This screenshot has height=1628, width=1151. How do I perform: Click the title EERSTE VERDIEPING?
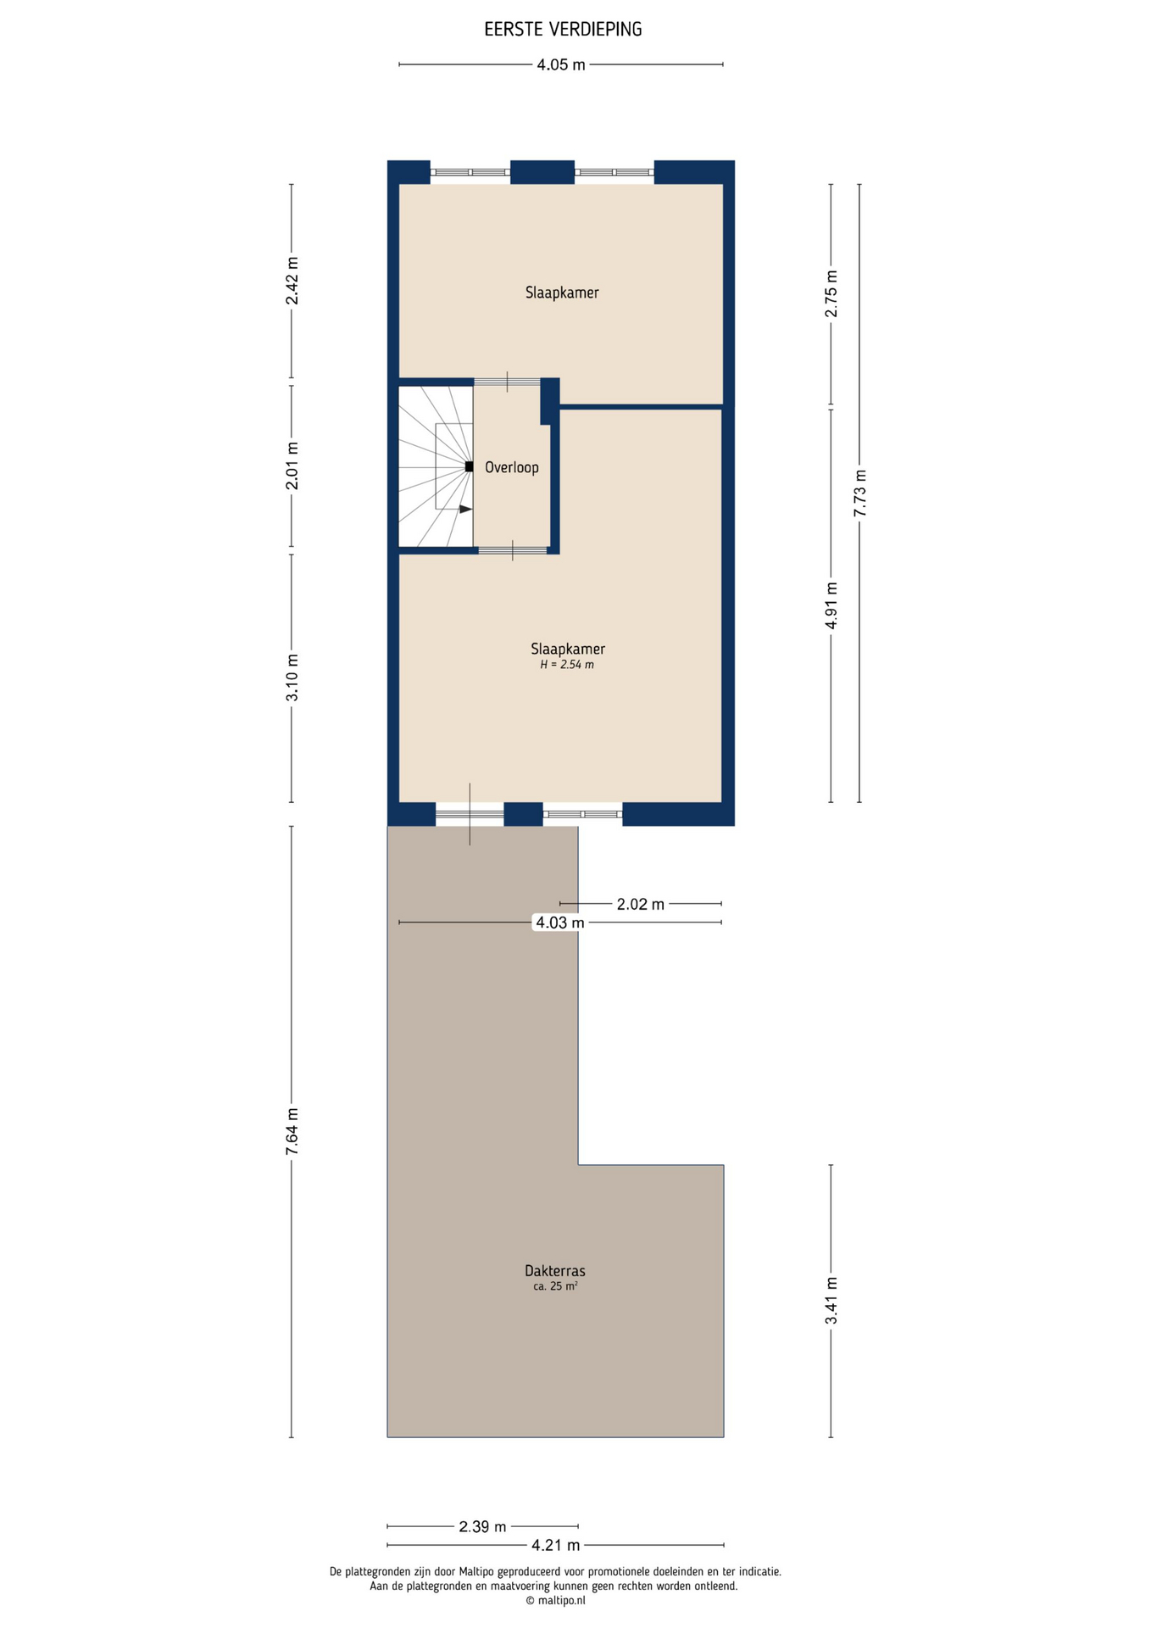[x=563, y=30]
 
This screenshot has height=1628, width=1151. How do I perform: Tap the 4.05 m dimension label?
[x=561, y=64]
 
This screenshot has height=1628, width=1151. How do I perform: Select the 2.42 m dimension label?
[x=292, y=281]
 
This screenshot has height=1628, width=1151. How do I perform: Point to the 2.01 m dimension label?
[x=292, y=466]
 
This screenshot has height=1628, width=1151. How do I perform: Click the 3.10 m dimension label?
[x=292, y=677]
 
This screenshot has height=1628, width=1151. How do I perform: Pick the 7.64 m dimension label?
[x=292, y=1131]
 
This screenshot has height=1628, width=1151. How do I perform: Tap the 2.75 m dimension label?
[x=831, y=293]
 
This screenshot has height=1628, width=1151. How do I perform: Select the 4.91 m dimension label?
[x=831, y=605]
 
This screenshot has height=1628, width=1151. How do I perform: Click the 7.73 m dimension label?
[x=859, y=493]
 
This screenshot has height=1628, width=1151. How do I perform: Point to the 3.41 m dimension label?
[x=831, y=1301]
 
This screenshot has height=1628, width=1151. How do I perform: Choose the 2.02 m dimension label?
[x=641, y=904]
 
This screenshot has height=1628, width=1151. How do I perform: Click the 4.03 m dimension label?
[x=559, y=923]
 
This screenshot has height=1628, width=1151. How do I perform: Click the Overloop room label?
[x=512, y=467]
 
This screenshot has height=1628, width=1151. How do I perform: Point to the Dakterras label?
[x=555, y=1271]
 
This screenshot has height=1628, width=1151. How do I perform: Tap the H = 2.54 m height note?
[x=567, y=665]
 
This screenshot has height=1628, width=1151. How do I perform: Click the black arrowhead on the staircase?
[x=465, y=509]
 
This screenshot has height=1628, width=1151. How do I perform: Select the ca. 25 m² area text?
[x=555, y=1286]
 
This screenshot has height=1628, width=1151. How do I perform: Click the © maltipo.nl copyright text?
[x=555, y=1601]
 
